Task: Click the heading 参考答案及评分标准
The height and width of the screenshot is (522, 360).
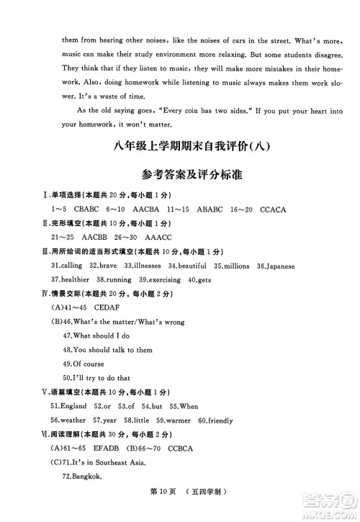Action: click(180, 176)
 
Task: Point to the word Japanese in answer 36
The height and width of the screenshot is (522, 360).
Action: click(279, 266)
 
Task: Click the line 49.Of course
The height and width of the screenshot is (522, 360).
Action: click(84, 363)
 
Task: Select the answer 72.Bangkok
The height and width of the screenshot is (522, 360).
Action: click(83, 476)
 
